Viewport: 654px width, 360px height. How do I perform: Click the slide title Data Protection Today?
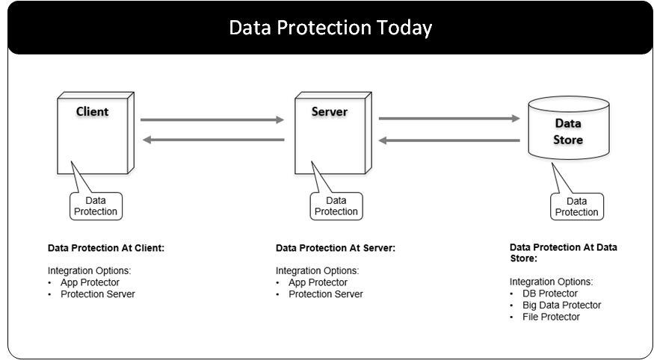click(330, 28)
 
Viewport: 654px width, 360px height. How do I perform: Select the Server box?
click(328, 134)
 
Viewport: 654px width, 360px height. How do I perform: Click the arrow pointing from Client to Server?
click(212, 119)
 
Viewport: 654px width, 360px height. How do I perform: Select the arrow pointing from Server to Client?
click(212, 140)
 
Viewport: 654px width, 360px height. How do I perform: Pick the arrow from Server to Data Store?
click(449, 118)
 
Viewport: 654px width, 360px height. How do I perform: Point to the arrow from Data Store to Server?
click(449, 140)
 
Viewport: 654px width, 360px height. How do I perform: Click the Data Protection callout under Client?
click(96, 206)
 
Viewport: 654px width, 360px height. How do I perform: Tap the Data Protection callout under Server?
click(336, 206)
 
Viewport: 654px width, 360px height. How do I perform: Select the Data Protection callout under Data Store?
click(576, 207)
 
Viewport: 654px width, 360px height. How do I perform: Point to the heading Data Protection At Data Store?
click(563, 252)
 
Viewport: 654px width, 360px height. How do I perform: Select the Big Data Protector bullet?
click(561, 305)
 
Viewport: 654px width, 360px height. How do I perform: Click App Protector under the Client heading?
click(90, 282)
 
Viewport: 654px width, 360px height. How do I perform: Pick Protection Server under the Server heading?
click(325, 294)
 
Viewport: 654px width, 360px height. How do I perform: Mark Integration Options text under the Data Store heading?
click(551, 282)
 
